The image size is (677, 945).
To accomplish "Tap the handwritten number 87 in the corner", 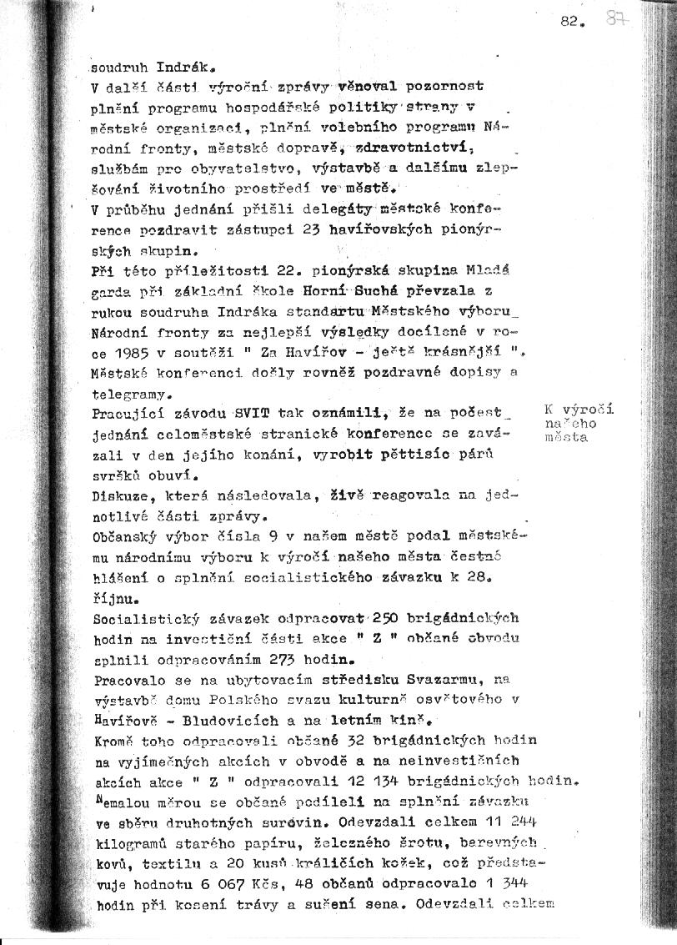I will pos(618,19).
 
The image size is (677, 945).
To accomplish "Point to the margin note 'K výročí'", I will pos(579,410).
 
